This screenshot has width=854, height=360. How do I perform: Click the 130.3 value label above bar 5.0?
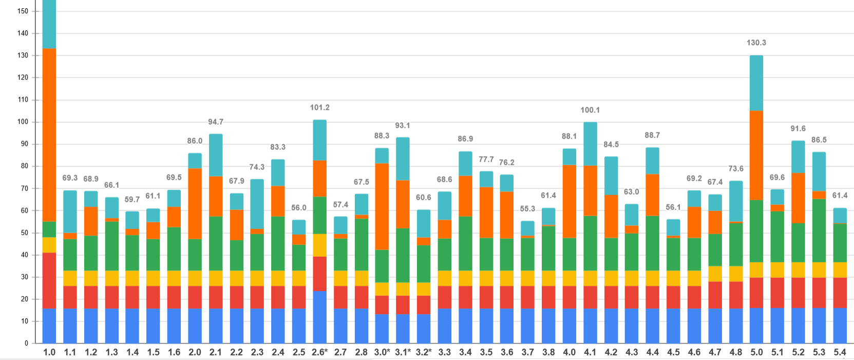coord(756,43)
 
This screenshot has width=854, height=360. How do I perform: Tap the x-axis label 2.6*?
coord(319,352)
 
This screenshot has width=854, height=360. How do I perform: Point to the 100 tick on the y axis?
coord(23,122)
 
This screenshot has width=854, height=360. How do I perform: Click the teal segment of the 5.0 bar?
coord(756,83)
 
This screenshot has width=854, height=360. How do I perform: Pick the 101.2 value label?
coord(319,107)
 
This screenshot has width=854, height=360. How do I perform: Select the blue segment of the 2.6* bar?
coord(319,317)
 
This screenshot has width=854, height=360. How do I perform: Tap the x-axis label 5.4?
coord(840,352)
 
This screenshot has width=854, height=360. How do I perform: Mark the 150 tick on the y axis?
coord(23,11)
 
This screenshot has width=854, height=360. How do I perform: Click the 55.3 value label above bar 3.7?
coord(527,209)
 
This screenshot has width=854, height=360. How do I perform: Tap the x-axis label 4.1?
coord(590,352)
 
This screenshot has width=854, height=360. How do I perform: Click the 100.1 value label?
coord(590,110)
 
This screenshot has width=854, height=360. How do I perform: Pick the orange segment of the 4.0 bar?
coord(569,201)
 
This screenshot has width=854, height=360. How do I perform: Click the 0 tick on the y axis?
coord(26,343)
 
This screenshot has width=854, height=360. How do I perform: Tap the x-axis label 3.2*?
coord(423,352)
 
